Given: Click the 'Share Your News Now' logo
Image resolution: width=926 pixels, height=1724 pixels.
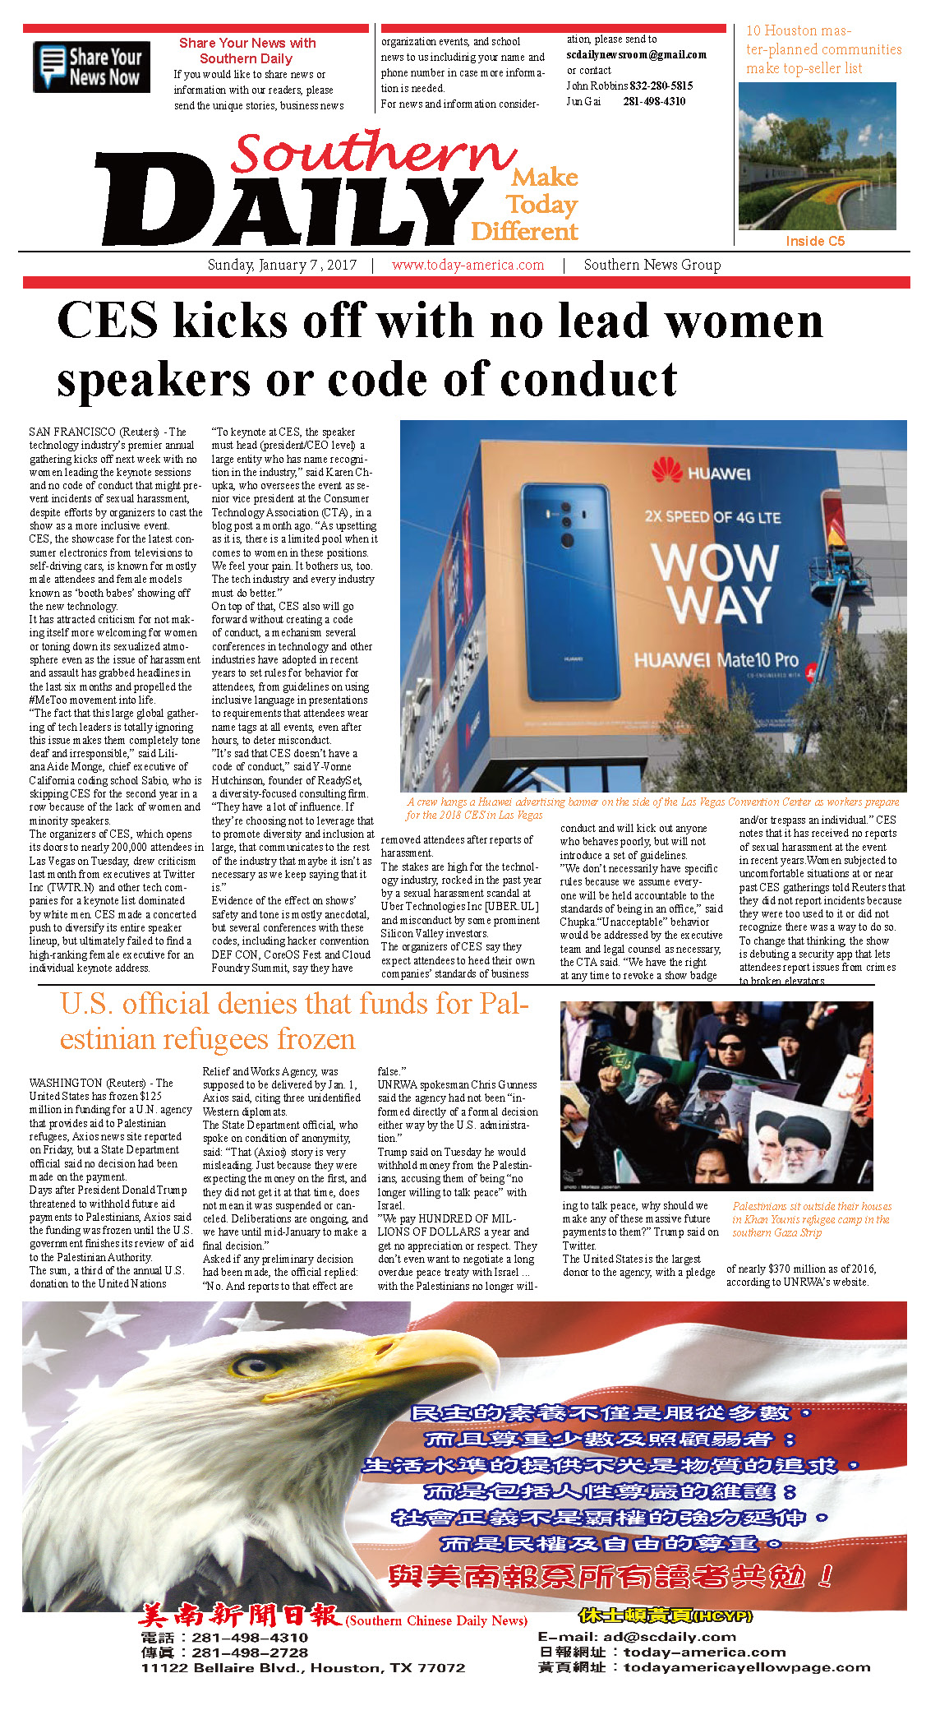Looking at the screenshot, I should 91,67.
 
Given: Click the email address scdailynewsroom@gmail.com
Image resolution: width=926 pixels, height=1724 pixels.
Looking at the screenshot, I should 636,55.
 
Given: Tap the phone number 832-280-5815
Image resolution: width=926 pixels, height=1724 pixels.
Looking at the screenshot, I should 661,86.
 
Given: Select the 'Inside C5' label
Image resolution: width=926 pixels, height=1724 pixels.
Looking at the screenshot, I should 814,241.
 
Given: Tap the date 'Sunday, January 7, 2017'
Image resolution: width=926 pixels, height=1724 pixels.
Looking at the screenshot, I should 282,265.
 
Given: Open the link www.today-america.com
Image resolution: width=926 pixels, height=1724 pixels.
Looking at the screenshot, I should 468,265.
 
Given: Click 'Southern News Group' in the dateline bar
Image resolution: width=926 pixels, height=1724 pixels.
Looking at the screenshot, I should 652,265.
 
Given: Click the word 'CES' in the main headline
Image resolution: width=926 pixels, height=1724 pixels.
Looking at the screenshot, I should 107,320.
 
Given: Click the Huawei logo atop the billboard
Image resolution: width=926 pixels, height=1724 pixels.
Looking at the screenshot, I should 700,473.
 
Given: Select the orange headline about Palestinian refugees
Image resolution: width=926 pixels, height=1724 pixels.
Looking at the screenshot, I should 293,1021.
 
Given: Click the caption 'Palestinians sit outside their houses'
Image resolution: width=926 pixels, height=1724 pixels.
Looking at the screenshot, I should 811,1206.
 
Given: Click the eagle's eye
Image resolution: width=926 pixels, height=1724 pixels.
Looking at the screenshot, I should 247,1366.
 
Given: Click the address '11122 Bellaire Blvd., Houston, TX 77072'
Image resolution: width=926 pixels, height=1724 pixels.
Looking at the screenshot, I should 302,1667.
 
